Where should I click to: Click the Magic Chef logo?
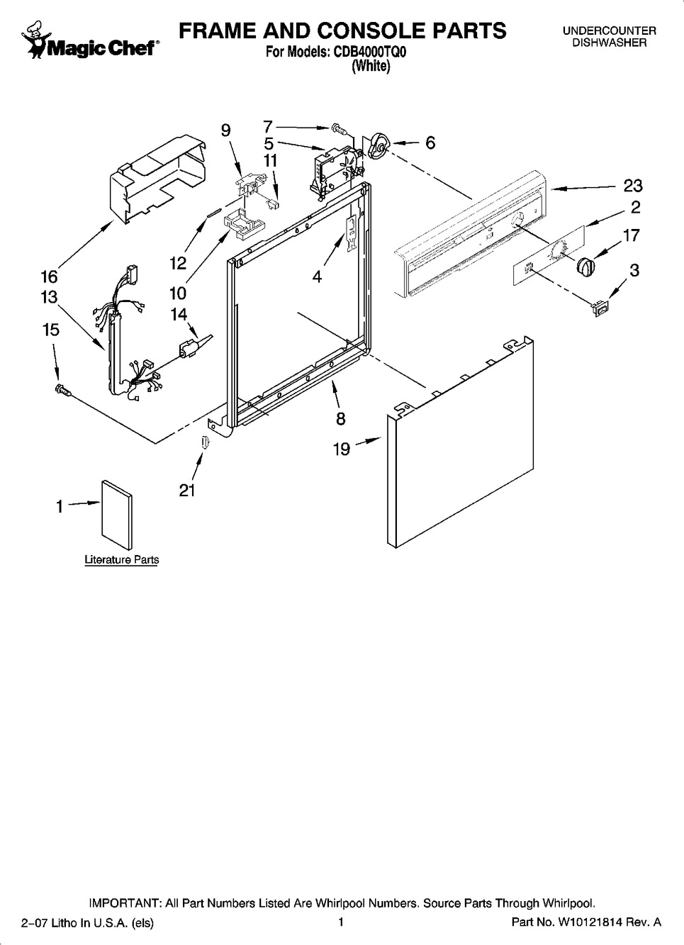(90, 40)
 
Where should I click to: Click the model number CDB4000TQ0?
(370, 52)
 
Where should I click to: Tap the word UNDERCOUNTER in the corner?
(610, 31)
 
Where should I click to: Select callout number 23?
(632, 186)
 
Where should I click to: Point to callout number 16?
(49, 277)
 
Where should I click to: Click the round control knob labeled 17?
(585, 267)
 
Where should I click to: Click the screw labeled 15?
(63, 389)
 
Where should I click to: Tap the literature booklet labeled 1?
(117, 514)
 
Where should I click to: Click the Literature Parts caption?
(122, 560)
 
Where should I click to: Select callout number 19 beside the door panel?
(342, 449)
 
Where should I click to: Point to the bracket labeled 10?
(244, 223)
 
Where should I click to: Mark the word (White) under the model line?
(371, 66)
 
